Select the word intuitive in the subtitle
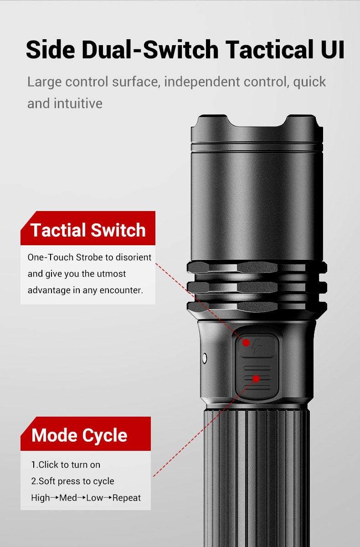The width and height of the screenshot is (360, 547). [x=78, y=103]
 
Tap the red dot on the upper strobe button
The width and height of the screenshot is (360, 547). [x=246, y=343]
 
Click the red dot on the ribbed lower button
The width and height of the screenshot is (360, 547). [x=256, y=379]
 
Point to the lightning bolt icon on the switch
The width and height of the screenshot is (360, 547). [x=257, y=346]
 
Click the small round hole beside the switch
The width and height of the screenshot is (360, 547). [x=205, y=358]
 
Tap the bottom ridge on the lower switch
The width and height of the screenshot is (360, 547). [x=257, y=387]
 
